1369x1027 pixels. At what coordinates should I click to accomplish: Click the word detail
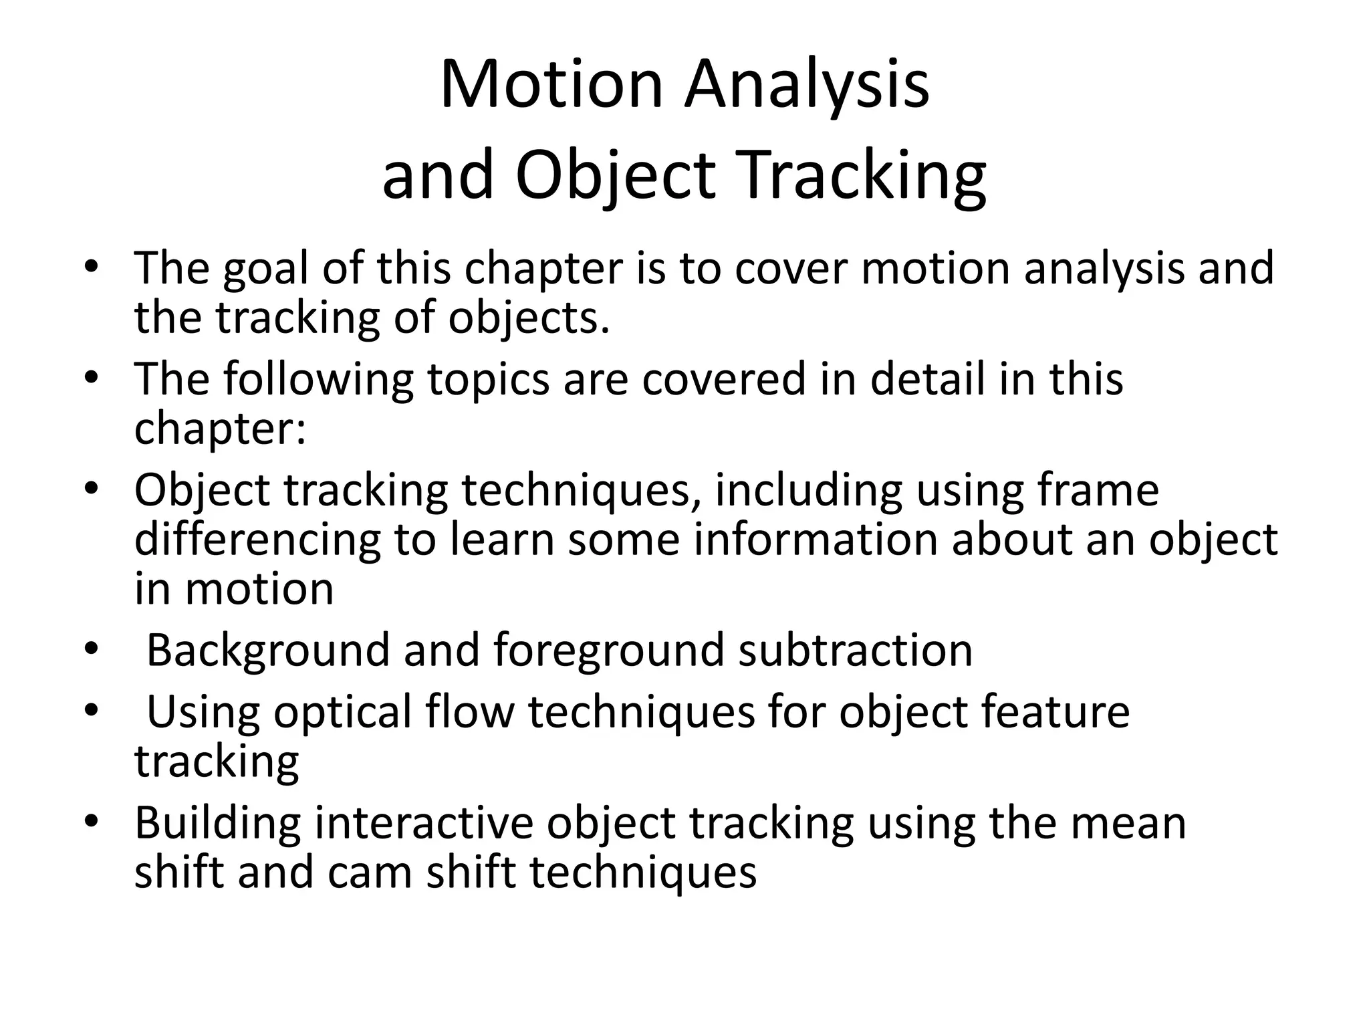coord(928,378)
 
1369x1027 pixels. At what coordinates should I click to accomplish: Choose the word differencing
coord(257,540)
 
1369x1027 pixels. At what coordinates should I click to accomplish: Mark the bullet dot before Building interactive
coord(92,821)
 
